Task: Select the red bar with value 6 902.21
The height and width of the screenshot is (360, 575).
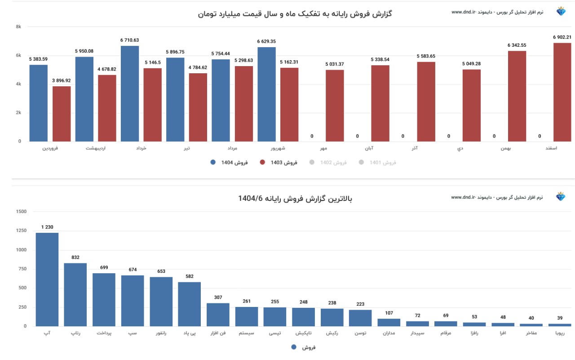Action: coord(562,92)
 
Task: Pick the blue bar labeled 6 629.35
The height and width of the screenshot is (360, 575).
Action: coord(266,94)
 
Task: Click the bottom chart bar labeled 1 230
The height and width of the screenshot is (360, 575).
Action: coord(47,279)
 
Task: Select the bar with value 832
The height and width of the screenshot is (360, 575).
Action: coord(75,294)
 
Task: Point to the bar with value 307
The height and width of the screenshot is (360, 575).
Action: coord(218,315)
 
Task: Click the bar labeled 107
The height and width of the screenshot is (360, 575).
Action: coord(389,322)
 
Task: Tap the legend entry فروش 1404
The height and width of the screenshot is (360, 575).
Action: coord(230,163)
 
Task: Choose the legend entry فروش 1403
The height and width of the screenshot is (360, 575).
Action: coord(279,163)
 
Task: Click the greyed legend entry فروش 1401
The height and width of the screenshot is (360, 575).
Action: coord(378,163)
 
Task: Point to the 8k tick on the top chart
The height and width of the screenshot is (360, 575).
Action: coord(18,27)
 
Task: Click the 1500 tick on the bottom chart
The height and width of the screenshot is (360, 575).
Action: coord(21,212)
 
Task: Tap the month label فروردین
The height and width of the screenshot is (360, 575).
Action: coord(50,148)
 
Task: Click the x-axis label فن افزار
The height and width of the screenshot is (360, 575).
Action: coord(218,333)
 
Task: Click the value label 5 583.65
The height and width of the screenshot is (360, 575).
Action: coord(426,56)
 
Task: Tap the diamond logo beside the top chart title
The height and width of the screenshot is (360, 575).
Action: coord(561,12)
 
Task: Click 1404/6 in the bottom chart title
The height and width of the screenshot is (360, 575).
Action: coord(250,198)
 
